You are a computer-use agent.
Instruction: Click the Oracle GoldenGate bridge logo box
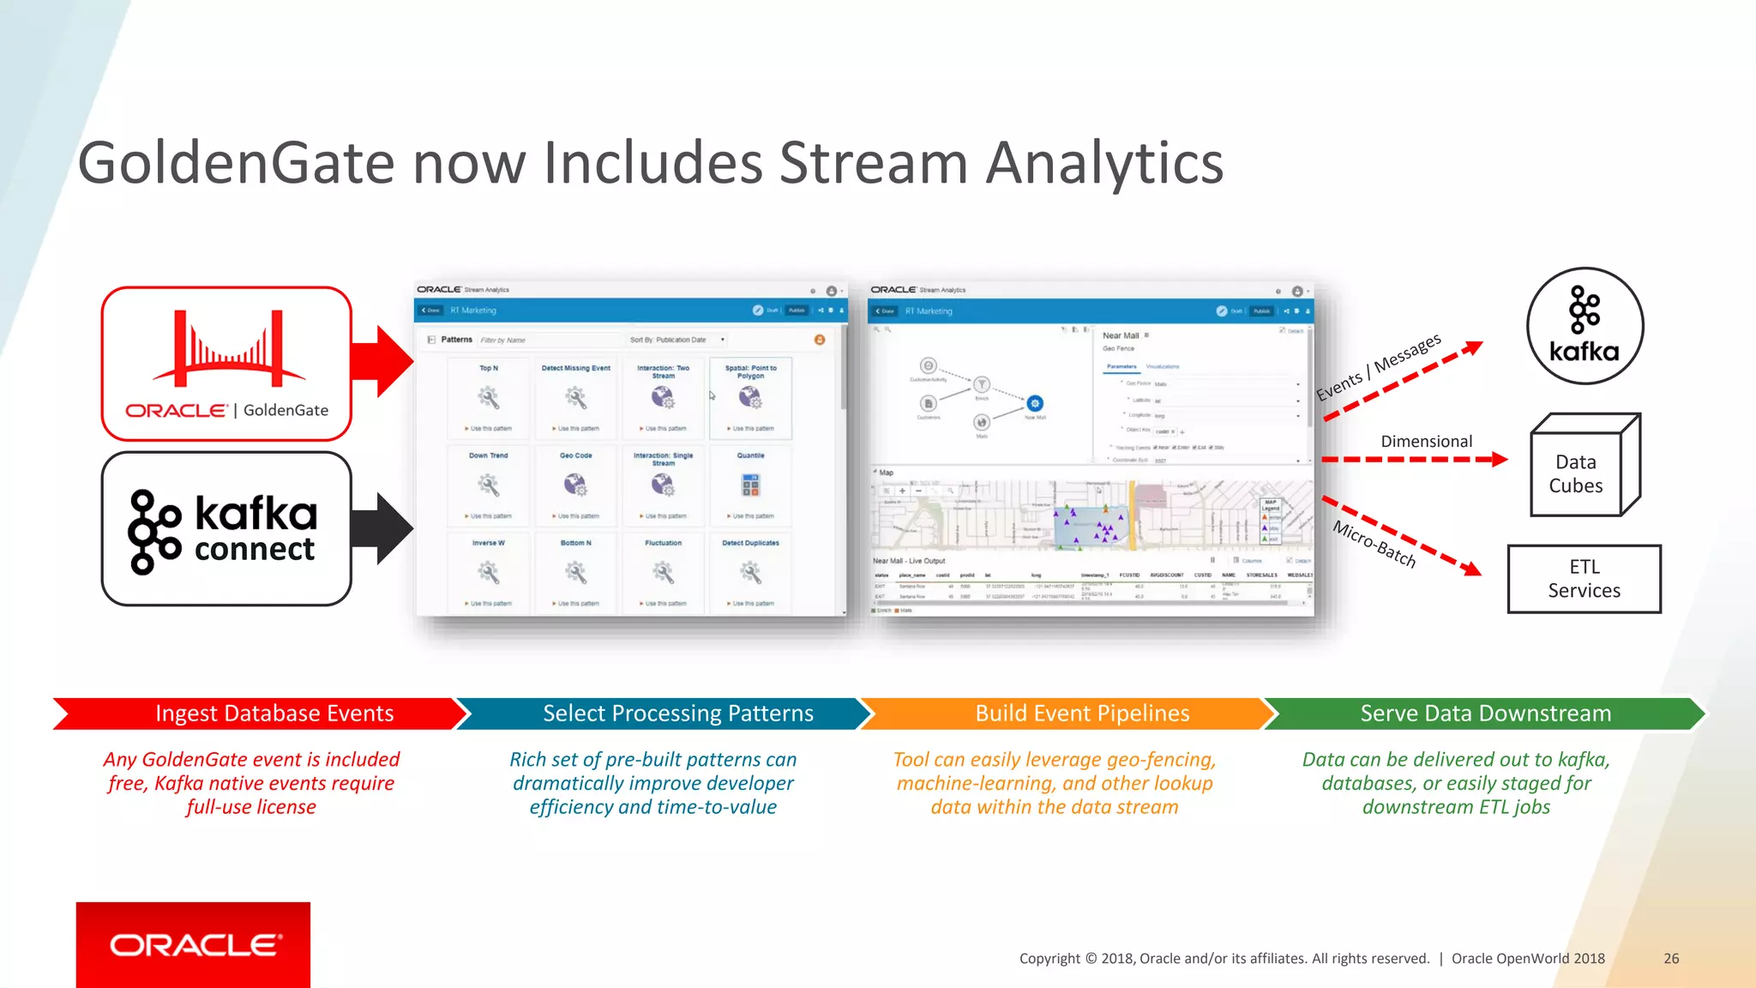[226, 364]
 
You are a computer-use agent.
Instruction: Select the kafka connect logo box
[226, 528]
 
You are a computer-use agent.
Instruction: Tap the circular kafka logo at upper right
[1585, 326]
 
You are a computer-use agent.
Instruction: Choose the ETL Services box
[1584, 579]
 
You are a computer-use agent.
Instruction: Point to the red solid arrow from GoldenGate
[382, 361]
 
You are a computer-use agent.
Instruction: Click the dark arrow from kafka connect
[382, 528]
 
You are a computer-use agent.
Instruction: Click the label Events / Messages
[1378, 367]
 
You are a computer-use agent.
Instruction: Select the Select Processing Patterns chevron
[665, 714]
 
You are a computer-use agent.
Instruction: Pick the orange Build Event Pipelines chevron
[1067, 714]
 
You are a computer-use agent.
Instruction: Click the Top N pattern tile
[489, 398]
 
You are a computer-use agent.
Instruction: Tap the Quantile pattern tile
[750, 485]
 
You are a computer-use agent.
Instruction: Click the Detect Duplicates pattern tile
[750, 573]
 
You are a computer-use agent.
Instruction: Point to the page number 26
[1671, 959]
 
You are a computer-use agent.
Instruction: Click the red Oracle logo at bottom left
[194, 944]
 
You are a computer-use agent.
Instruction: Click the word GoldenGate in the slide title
[236, 163]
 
